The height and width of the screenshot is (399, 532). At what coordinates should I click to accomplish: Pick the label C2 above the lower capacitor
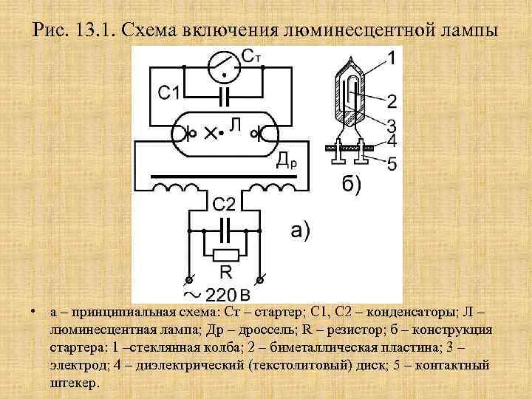pyautogui.click(x=225, y=203)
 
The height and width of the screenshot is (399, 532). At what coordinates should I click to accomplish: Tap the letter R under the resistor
pyautogui.click(x=225, y=273)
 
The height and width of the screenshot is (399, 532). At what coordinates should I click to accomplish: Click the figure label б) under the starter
pyautogui.click(x=352, y=184)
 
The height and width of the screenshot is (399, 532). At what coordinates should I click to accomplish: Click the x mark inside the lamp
pyautogui.click(x=211, y=134)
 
